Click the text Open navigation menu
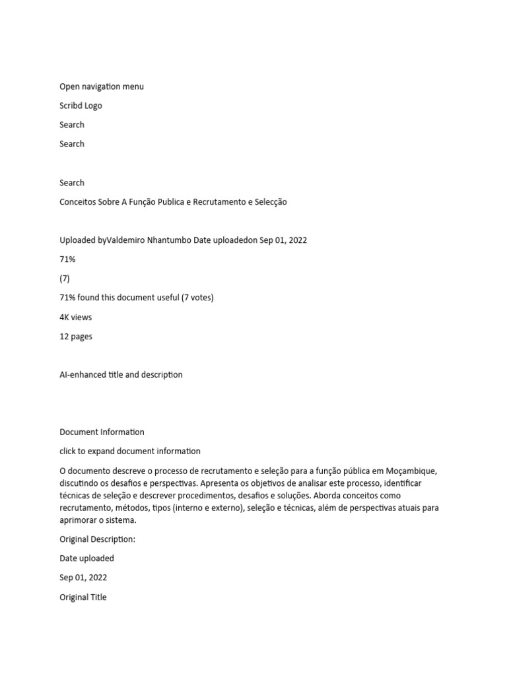click(102, 86)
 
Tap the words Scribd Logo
click(81, 106)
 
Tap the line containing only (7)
click(65, 279)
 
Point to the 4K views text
click(76, 317)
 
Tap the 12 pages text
click(76, 336)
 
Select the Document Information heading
click(102, 432)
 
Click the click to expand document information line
click(130, 451)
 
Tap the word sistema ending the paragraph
click(115, 520)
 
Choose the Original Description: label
click(97, 539)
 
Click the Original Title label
click(83, 597)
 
